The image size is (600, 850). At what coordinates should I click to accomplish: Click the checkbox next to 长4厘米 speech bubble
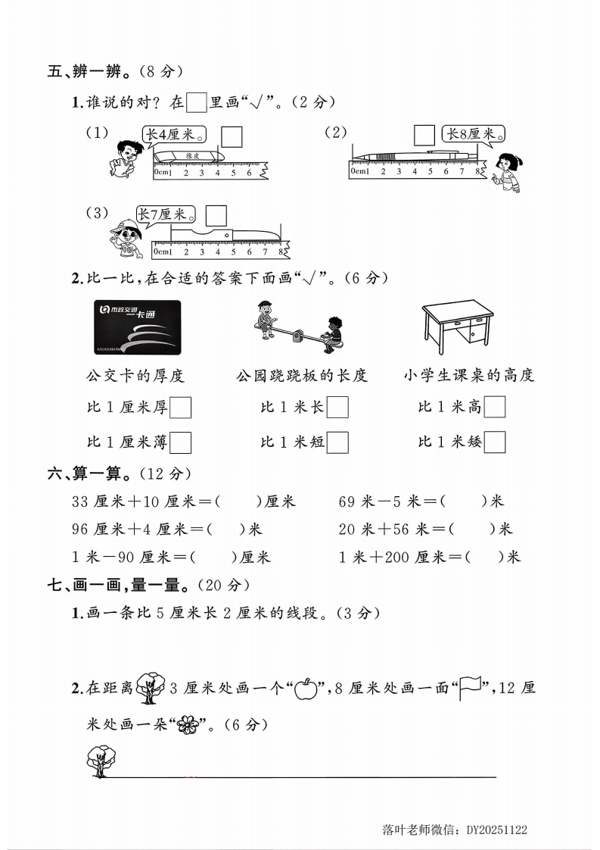(232, 137)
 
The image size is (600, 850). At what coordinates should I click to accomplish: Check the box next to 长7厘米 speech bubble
(216, 216)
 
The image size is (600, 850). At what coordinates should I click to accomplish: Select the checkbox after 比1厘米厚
(181, 408)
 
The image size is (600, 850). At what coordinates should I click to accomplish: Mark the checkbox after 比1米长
(337, 408)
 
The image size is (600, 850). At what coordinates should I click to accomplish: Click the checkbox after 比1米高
(494, 408)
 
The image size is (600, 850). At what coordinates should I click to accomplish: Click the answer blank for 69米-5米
(463, 502)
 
